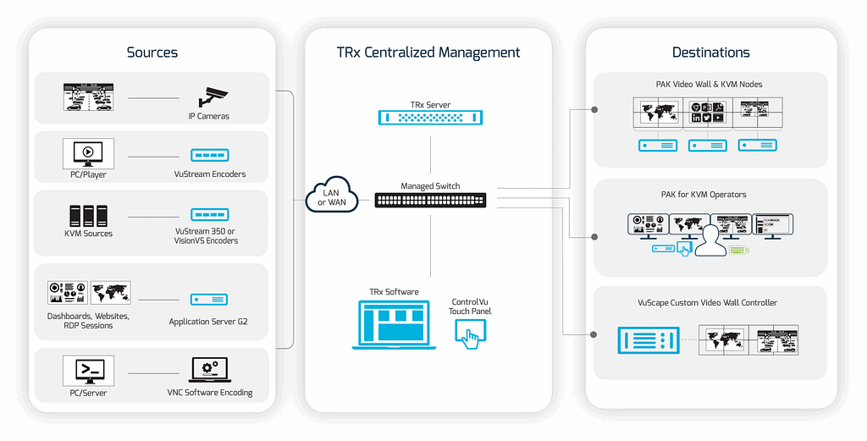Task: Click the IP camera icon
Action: [213, 97]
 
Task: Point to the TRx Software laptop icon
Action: [395, 324]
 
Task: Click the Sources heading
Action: [152, 52]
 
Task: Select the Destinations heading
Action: [711, 52]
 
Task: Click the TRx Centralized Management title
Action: [428, 52]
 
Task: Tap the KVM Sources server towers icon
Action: [88, 215]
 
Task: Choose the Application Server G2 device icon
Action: [207, 300]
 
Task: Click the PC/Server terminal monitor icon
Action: [88, 370]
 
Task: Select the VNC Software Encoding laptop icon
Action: [209, 370]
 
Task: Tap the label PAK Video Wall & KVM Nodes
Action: [710, 85]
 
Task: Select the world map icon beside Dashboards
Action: [110, 294]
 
